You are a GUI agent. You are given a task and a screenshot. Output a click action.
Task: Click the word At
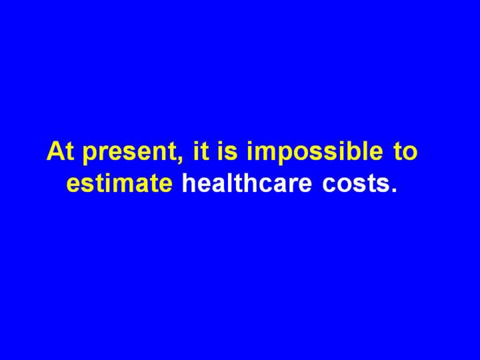60,151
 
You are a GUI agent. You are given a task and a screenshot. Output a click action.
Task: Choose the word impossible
315,152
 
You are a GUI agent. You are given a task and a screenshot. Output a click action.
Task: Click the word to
405,151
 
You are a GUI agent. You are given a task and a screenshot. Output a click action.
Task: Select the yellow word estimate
119,183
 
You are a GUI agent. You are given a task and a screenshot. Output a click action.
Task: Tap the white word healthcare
247,183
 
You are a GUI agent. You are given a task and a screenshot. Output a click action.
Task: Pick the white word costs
355,184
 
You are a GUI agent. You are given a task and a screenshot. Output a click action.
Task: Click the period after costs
394,189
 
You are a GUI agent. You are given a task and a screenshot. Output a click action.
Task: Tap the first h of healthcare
190,183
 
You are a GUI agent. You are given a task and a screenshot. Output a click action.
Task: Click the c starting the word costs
329,185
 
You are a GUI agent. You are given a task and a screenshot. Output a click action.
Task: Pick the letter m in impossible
265,153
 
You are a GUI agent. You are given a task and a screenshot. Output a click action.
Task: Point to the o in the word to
409,153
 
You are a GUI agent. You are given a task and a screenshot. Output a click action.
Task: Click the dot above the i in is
221,143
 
